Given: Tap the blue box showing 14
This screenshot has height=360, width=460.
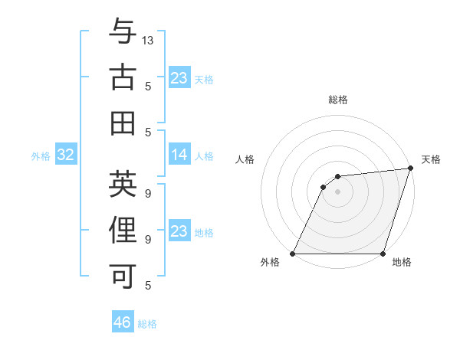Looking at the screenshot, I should pos(179,155).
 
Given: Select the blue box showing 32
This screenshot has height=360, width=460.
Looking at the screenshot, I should pos(65,155).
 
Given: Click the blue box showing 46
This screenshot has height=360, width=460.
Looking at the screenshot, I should pos(122,322).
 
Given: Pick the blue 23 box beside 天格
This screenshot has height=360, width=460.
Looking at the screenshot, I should pos(179,78).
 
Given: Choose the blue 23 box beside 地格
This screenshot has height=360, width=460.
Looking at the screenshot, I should pos(179,231).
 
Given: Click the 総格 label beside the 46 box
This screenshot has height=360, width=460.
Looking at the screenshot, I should pos(147,324).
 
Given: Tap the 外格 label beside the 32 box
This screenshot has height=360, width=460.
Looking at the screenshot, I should pos(41,156).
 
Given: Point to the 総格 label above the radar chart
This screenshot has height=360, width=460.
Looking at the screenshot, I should pos(337,100).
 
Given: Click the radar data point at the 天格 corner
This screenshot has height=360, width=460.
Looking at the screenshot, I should pos(411,169).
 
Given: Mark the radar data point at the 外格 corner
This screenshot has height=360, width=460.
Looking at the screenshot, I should pos(292,254).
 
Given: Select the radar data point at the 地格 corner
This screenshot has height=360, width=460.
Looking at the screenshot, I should pos(383,254).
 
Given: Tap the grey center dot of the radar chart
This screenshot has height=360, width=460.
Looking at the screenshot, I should pos(337,191).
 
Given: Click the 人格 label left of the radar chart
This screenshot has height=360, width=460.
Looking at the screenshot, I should pos(245,159).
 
